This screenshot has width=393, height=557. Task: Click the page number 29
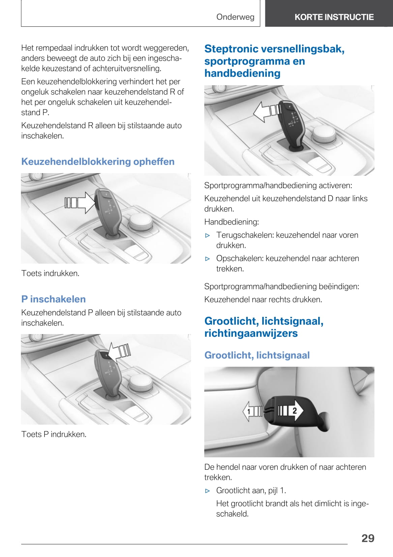coord(368,538)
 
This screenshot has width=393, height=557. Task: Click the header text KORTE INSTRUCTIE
coord(334,17)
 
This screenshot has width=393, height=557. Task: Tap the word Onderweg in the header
coord(235,17)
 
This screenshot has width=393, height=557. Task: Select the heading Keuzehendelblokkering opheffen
coord(98,162)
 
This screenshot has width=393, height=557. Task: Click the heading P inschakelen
coord(53,299)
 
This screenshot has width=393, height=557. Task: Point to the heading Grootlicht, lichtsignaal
coord(257,355)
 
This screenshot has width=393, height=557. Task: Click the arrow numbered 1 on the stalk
coord(251,411)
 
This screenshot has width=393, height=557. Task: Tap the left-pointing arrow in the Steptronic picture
coord(266,111)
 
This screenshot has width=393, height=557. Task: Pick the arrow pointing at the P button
coord(119,352)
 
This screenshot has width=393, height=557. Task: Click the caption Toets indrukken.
coord(50,273)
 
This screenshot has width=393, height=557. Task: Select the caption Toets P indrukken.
coord(54,434)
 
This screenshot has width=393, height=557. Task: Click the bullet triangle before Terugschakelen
coord(208,236)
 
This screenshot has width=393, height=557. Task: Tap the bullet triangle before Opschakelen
coord(208,259)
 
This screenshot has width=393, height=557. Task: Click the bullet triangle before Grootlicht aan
coord(208,491)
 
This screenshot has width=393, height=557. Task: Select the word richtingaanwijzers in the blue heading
coord(251,333)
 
